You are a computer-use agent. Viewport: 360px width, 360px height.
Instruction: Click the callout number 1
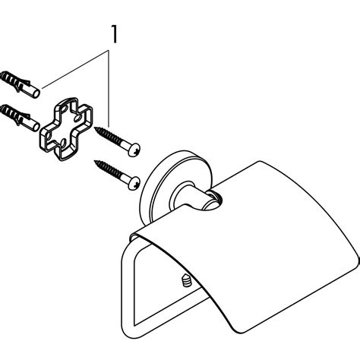[x=115, y=34]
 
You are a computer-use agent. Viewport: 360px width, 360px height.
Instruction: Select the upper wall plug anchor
[x=20, y=84]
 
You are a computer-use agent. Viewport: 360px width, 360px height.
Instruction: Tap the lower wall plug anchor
[x=20, y=118]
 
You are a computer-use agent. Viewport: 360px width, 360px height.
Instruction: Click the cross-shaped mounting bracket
[x=66, y=128]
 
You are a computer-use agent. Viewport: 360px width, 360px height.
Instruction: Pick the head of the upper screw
[x=134, y=150]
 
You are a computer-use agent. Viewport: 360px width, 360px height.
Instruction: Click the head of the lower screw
[x=134, y=183]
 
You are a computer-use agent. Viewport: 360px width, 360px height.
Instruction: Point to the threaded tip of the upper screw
[x=96, y=129]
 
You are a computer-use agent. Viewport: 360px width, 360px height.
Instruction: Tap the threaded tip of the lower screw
[x=96, y=163]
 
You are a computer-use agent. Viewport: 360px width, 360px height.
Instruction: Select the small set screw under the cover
[x=186, y=281]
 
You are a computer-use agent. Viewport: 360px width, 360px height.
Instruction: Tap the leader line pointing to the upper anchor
[x=75, y=69]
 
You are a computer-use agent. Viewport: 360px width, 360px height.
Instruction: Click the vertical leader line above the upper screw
[x=109, y=89]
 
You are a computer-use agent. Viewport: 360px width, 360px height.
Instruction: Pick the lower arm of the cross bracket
[x=65, y=150]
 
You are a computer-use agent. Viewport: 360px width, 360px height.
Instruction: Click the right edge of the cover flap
[x=358, y=260]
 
